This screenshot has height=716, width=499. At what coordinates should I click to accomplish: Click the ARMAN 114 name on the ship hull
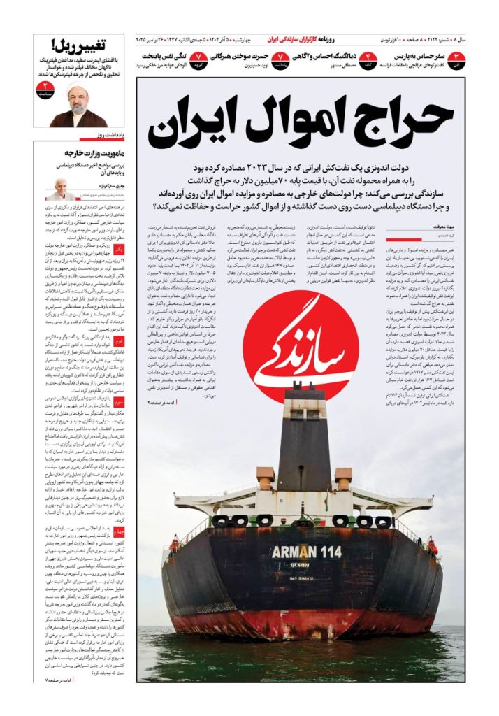(x=305, y=552)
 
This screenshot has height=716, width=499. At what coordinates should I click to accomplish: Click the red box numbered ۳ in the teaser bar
(x=456, y=59)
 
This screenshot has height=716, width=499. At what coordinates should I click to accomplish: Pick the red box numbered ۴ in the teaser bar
(x=368, y=59)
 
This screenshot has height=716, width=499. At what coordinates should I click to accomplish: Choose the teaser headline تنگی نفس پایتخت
(x=164, y=55)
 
